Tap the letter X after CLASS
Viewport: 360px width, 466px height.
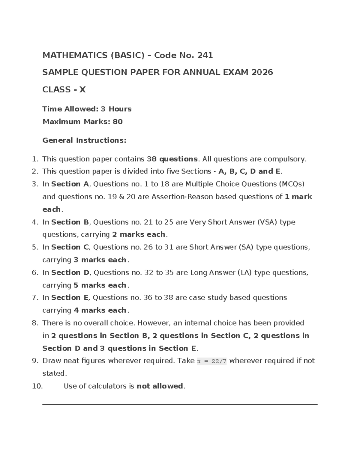click(82, 90)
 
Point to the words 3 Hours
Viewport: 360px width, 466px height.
click(116, 109)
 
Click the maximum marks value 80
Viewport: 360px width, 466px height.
click(118, 122)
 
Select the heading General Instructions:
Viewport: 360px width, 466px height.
click(84, 140)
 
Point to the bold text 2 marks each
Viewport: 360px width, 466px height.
click(139, 234)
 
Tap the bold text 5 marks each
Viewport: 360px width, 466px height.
click(100, 285)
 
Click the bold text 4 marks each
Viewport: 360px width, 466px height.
click(100, 310)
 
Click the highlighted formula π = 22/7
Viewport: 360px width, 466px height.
click(211, 361)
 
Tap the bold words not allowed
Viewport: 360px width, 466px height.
click(160, 386)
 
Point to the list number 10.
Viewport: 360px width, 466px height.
click(37, 386)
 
